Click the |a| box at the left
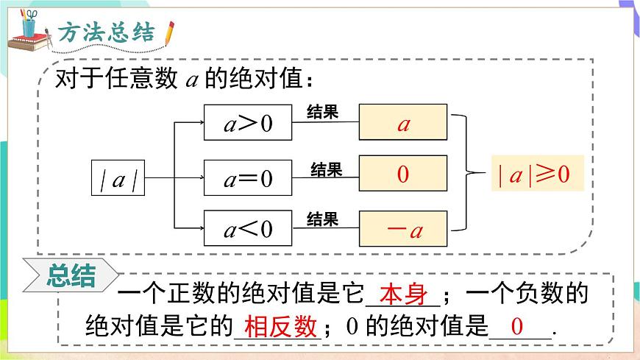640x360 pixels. coord(118,178)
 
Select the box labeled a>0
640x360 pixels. coord(248,123)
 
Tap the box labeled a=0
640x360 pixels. coord(248,177)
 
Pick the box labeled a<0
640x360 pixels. coord(248,229)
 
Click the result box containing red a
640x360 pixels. coord(403,123)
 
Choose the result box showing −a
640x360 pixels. coord(403,229)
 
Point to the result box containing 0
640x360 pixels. coord(403,174)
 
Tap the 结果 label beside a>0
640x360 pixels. coord(321,112)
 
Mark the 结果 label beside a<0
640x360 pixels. coord(321,219)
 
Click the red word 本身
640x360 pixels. coord(405,294)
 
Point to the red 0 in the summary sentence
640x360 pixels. coord(517,326)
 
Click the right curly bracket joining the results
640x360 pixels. coord(465,174)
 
